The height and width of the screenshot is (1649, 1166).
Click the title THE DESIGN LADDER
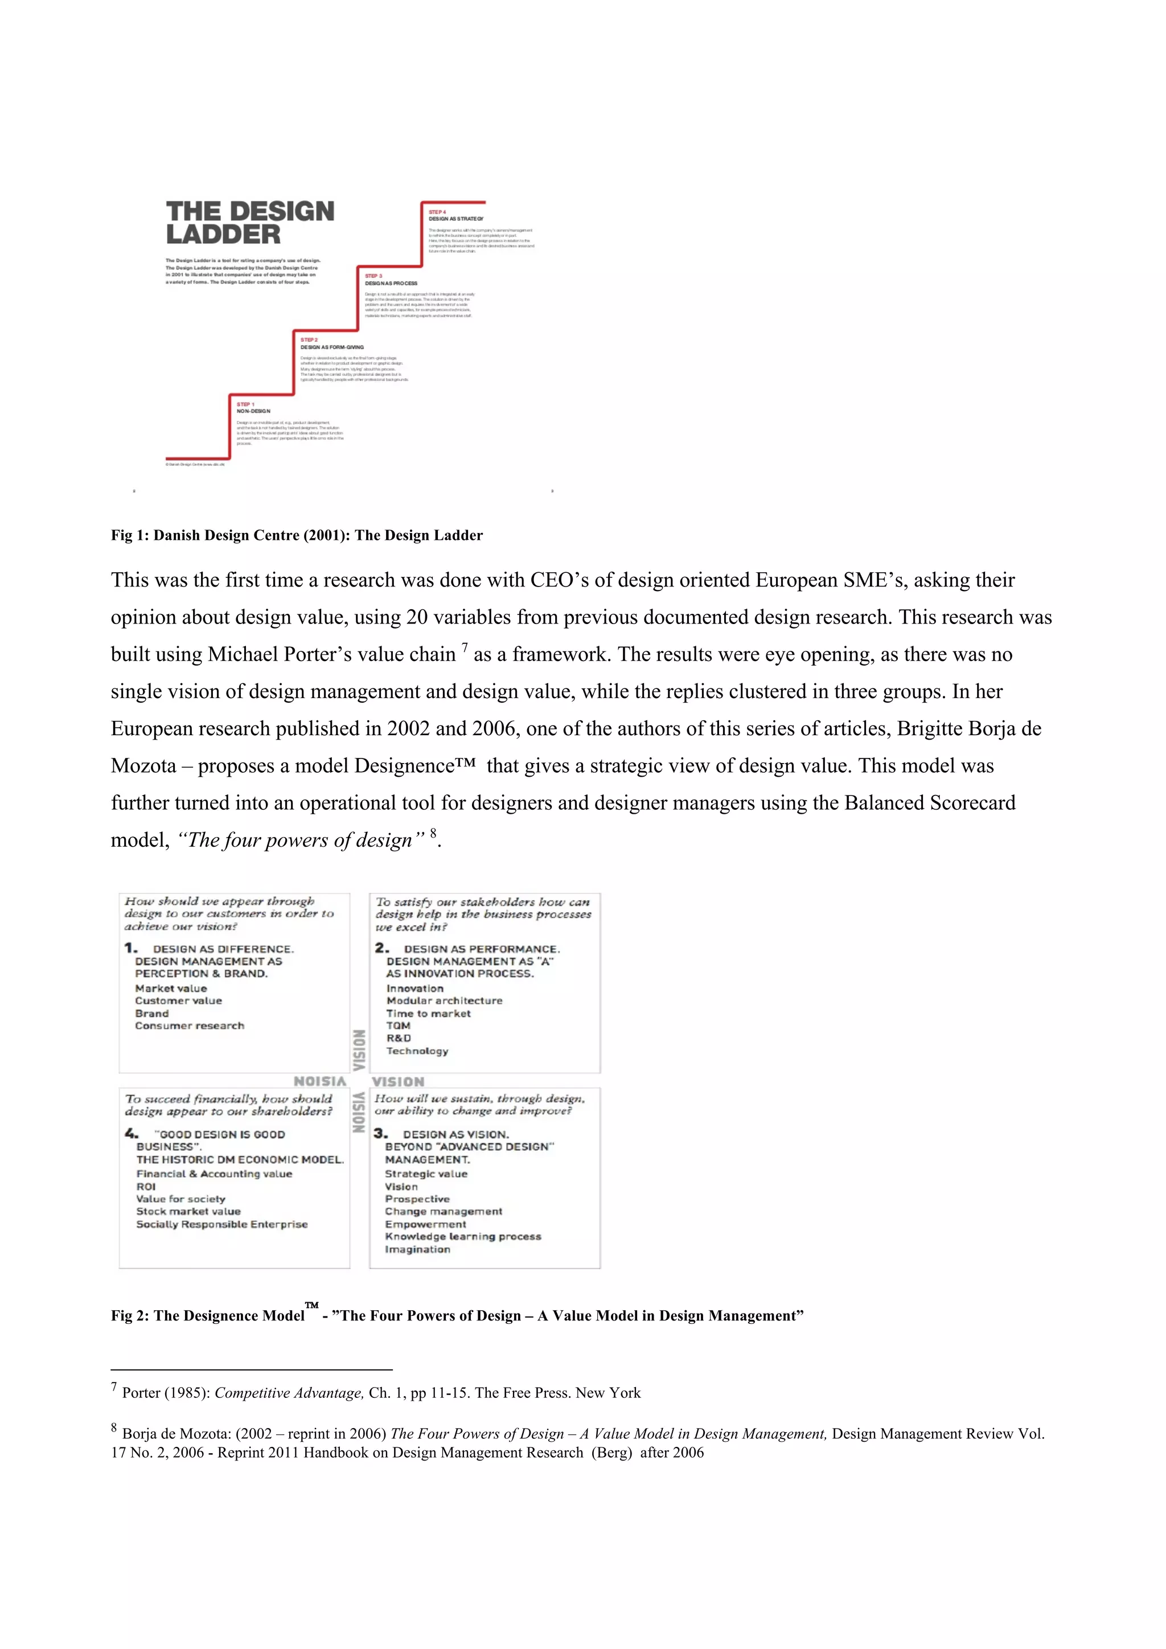pos(250,223)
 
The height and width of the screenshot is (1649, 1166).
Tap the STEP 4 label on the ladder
pos(437,212)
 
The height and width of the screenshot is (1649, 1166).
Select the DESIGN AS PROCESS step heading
pos(391,283)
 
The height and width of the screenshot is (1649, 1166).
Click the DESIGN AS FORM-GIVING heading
pos(332,347)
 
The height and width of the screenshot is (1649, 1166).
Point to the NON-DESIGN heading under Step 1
pos(253,411)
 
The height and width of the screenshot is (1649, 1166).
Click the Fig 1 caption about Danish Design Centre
pos(297,535)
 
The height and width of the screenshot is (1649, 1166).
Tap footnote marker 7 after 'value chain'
pos(465,649)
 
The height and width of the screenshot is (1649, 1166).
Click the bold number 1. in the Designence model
pos(131,948)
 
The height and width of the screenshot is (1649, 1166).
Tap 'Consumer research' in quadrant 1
pos(190,1026)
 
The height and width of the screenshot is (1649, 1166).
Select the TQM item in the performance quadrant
pos(398,1026)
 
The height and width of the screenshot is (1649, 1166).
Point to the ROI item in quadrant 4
pos(146,1187)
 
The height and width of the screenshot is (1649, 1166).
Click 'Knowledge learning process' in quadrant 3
pos(462,1236)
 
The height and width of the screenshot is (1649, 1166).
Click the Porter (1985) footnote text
pos(380,1393)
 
